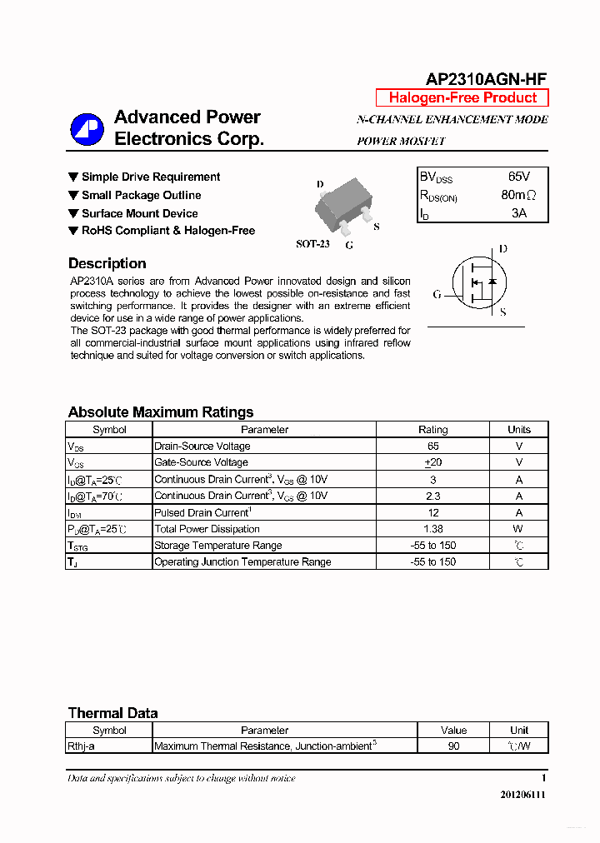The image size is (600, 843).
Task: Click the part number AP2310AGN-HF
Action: coord(486,79)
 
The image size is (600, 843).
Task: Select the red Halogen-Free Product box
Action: coord(462,97)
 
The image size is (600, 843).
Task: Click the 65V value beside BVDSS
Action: coord(518,177)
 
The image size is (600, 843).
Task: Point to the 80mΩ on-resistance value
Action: coord(518,196)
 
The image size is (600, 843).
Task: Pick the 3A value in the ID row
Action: coord(518,213)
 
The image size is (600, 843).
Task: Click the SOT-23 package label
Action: coord(312,244)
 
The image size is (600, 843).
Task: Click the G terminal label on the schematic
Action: coord(437,294)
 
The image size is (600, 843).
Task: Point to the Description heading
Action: coord(107,263)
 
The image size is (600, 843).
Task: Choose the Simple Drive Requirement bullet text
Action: coord(151,177)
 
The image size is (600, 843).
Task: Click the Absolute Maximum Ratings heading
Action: coord(160,412)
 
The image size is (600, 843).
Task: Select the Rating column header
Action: coord(432,430)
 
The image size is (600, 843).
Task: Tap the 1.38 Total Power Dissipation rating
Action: coord(432,529)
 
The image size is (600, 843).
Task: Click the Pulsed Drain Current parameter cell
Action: coord(202,512)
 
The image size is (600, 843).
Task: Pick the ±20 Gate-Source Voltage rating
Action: coord(432,462)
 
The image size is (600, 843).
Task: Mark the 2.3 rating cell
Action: coord(432,496)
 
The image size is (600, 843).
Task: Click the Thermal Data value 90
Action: coord(453,746)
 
